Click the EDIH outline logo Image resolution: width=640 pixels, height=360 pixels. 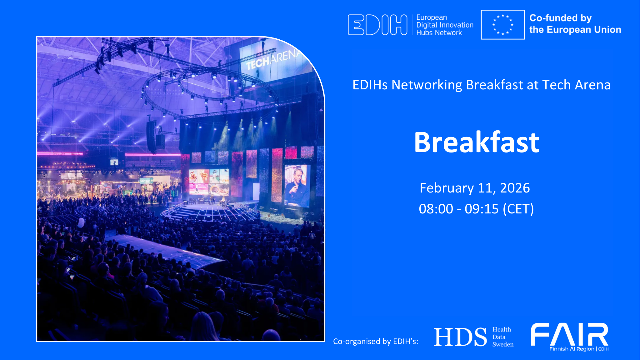pos(377,25)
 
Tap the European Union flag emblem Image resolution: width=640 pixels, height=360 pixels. pos(502,25)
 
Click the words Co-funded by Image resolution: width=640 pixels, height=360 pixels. pos(560,18)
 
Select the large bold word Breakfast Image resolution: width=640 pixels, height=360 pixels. pos(477,142)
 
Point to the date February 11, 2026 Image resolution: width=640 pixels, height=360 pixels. pos(475,188)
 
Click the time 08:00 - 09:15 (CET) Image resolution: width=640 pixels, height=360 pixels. pos(476,209)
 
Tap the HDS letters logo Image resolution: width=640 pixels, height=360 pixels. pos(460,337)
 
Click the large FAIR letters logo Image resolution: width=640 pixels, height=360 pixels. pos(569,334)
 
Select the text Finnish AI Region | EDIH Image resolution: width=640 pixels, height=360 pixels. pos(579,349)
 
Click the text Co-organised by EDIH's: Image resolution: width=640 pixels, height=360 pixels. pos(376,341)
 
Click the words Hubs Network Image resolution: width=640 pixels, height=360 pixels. pos(439,33)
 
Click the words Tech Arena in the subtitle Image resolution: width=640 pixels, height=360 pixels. pos(576,85)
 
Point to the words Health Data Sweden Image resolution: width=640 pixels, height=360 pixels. pos(502,337)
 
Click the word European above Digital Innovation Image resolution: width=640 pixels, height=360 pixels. pos(432,17)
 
